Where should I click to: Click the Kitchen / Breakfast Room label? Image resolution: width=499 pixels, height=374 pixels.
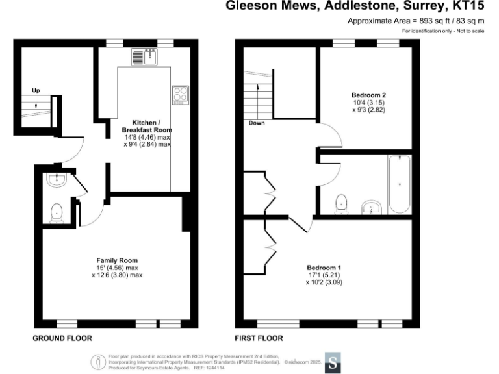(147, 127)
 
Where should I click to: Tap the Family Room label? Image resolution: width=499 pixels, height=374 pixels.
(117, 260)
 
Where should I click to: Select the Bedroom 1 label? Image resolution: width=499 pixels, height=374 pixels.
(324, 268)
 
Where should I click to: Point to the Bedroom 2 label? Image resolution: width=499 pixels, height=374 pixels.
(364, 95)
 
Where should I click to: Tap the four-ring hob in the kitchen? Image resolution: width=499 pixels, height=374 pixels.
(180, 95)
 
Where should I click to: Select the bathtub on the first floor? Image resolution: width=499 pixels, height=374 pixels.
(398, 184)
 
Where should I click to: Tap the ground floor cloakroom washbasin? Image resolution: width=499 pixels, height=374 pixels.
(57, 180)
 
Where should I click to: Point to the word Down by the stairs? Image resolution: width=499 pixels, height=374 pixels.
(257, 122)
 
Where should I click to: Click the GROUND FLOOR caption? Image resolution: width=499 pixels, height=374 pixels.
(62, 338)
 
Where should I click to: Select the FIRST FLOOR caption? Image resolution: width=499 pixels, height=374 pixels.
(259, 338)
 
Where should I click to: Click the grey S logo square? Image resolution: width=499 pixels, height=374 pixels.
(333, 362)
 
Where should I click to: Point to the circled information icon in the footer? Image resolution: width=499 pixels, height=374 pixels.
(99, 362)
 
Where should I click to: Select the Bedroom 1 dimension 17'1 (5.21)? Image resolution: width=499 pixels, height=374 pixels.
(324, 275)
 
